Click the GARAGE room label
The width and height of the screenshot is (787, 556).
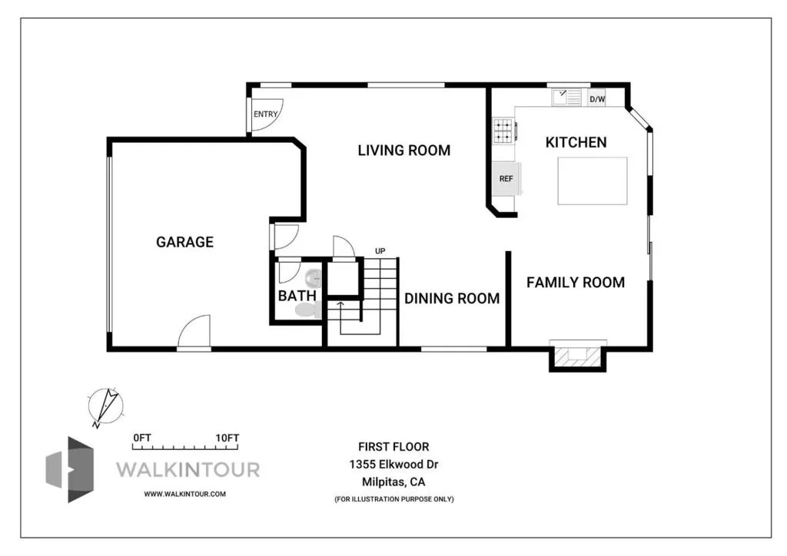[184, 242]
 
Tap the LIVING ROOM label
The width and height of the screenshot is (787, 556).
[404, 151]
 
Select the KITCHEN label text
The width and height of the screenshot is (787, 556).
[576, 142]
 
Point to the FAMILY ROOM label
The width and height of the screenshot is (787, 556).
[576, 283]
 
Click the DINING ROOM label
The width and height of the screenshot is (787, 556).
[452, 298]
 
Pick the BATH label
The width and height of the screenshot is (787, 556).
[297, 296]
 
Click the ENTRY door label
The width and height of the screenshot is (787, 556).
[265, 114]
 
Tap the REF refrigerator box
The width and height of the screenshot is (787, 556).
[506, 178]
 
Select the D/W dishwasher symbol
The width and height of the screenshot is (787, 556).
[597, 99]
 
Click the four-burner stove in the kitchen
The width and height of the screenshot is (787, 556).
[504, 131]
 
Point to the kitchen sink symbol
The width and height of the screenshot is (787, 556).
[567, 98]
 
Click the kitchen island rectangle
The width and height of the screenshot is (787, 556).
[593, 180]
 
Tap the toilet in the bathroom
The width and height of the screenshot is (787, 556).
[307, 309]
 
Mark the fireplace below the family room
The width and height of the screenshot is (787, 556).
[578, 356]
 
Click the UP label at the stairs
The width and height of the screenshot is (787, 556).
[380, 250]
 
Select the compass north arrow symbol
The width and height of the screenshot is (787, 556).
[105, 406]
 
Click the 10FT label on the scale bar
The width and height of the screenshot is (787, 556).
[227, 438]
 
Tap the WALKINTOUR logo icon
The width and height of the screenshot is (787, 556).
[70, 470]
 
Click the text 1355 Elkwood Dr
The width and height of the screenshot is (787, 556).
[394, 465]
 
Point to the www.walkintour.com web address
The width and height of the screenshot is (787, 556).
[184, 494]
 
